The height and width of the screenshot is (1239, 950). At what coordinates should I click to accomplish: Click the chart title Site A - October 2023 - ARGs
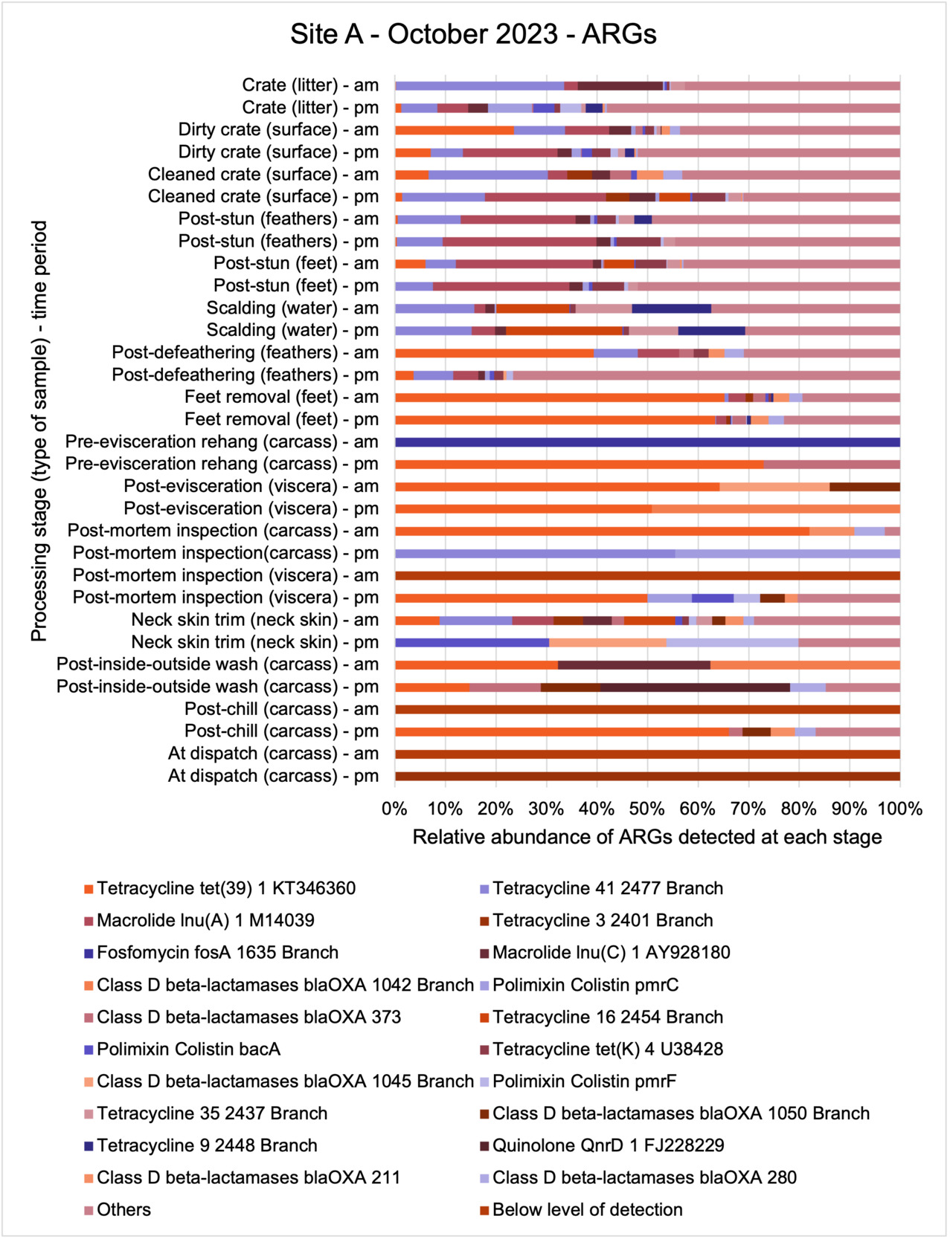point(473,34)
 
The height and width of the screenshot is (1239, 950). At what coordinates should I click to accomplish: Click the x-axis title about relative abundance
point(646,837)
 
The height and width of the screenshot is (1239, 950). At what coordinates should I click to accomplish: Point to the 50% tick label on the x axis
point(646,809)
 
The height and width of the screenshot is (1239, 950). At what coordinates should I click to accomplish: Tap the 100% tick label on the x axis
point(899,809)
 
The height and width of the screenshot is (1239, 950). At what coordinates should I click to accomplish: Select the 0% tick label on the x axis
point(394,809)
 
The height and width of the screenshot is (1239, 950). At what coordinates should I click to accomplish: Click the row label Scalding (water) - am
point(292,308)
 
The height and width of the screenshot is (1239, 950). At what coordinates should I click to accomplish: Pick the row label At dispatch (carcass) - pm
point(273,776)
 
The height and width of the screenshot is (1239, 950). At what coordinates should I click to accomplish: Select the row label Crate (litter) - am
point(310,85)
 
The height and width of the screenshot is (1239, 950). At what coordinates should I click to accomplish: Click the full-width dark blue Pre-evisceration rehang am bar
point(647,442)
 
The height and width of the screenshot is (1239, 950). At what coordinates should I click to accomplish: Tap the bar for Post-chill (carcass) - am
point(647,710)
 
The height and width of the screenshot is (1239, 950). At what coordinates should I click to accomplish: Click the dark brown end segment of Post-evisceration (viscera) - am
point(864,487)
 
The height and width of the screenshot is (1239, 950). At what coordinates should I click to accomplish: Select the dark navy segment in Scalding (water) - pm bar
point(711,331)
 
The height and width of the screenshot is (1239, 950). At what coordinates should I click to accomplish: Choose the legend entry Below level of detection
point(587,1210)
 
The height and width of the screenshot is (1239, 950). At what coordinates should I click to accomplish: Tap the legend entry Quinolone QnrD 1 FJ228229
point(608,1145)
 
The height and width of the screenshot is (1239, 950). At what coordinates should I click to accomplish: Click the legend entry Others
point(123,1210)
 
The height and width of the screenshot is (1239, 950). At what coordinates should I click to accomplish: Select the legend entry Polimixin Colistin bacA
point(188,1049)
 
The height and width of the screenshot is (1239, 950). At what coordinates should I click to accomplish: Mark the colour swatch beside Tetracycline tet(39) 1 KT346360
point(89,889)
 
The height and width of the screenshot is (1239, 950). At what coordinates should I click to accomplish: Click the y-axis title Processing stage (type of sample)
point(39,430)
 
